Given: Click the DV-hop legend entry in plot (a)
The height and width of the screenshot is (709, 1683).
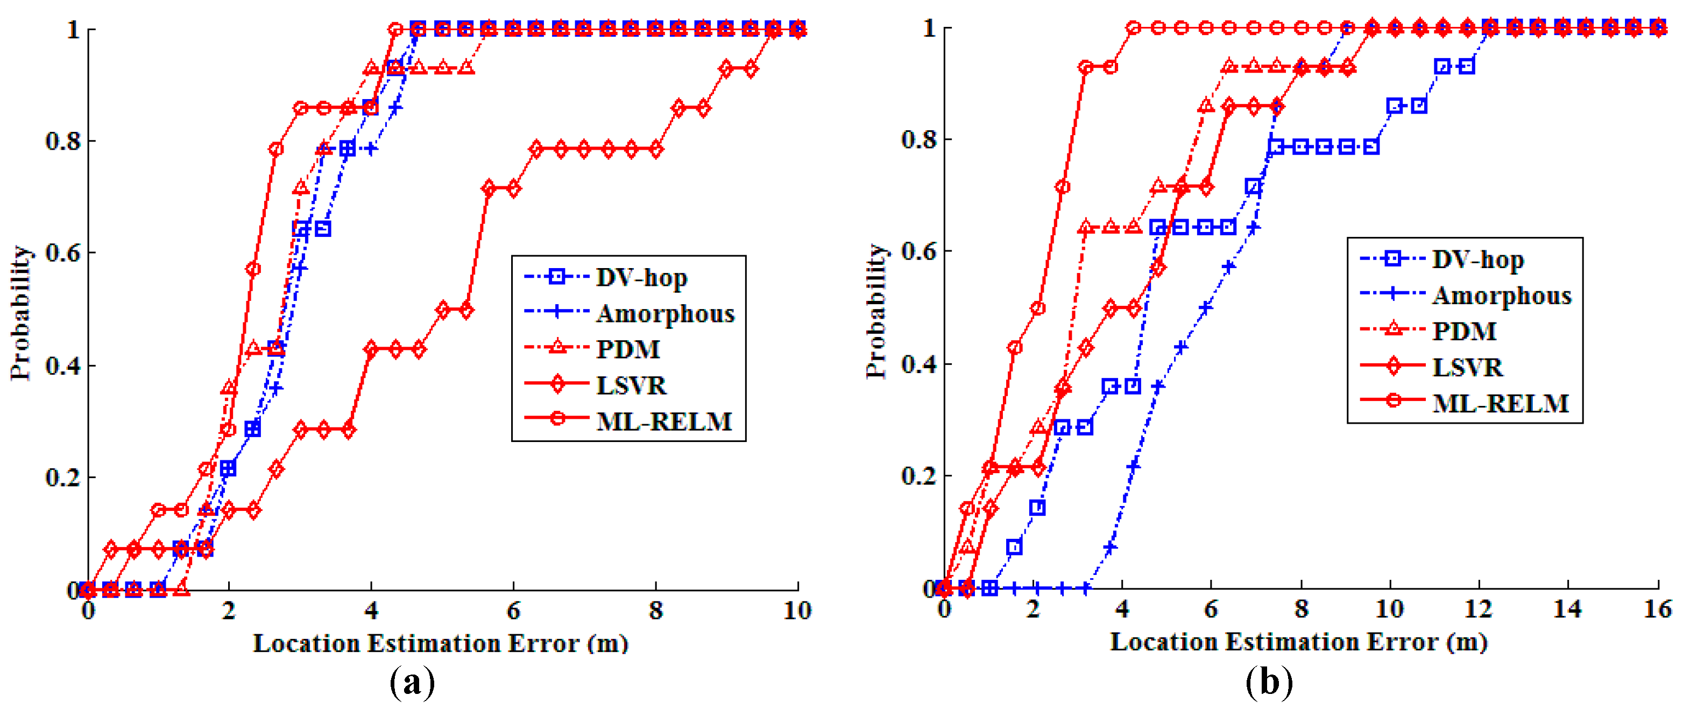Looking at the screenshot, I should point(641,278).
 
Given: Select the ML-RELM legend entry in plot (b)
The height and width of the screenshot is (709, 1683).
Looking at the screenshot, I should point(1500,403).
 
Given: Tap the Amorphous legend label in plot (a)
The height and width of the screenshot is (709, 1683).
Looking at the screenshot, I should point(665,314).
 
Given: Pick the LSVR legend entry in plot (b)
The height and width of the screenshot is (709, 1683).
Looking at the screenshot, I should point(1467,367).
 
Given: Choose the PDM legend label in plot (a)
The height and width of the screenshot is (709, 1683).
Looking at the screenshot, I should point(627,349).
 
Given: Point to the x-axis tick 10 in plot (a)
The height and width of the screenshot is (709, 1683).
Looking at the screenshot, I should point(796,611).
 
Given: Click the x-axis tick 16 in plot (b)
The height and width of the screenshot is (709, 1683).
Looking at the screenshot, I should point(1657,609).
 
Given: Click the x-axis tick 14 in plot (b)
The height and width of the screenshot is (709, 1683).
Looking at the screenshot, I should point(1567,609).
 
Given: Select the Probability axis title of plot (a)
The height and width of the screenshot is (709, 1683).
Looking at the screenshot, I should point(21,312).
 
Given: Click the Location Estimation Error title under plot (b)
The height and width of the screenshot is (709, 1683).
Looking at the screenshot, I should point(1298,642).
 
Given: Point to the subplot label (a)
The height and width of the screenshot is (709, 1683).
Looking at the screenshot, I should point(412,683).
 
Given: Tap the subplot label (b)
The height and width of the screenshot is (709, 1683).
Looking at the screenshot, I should point(1269,683).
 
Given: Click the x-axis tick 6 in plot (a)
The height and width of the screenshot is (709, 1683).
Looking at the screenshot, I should point(513,611).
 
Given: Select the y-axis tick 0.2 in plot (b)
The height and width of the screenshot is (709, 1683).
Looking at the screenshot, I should point(918,475).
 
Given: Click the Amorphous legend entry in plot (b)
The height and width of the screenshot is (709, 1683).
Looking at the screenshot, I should point(1501,296).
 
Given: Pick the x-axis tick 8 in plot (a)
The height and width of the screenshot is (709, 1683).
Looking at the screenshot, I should point(655,611).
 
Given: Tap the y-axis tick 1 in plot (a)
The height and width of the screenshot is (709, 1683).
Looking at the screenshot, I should point(73,30).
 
